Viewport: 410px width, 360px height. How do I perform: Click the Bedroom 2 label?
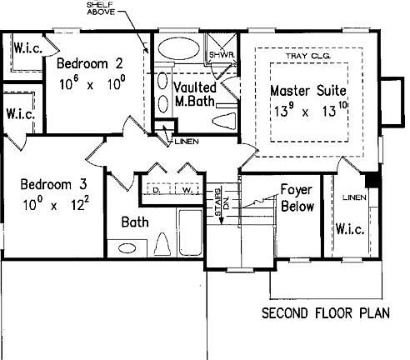90,63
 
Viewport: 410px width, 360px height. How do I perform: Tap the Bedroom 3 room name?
54,184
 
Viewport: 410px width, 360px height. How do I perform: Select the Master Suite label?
308,91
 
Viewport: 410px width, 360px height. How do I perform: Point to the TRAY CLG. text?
308,56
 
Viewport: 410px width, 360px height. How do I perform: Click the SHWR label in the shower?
222,55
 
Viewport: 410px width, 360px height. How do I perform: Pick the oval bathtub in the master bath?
179,48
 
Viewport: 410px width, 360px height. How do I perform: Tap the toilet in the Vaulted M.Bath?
224,121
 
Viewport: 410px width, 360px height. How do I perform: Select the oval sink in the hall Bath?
127,248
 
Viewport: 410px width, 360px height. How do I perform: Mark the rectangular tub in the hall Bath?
190,232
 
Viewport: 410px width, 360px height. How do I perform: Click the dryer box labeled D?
157,190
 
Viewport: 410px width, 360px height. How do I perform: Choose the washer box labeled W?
187,190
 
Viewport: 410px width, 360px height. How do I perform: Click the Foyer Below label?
297,197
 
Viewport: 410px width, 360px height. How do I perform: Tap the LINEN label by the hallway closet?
187,142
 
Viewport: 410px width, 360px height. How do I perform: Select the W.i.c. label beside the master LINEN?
350,229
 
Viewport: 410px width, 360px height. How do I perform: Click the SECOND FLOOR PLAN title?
326,313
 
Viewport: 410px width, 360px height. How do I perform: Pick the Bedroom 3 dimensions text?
56,204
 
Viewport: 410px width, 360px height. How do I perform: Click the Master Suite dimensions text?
311,110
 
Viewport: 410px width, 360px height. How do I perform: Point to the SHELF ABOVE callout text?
101,8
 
